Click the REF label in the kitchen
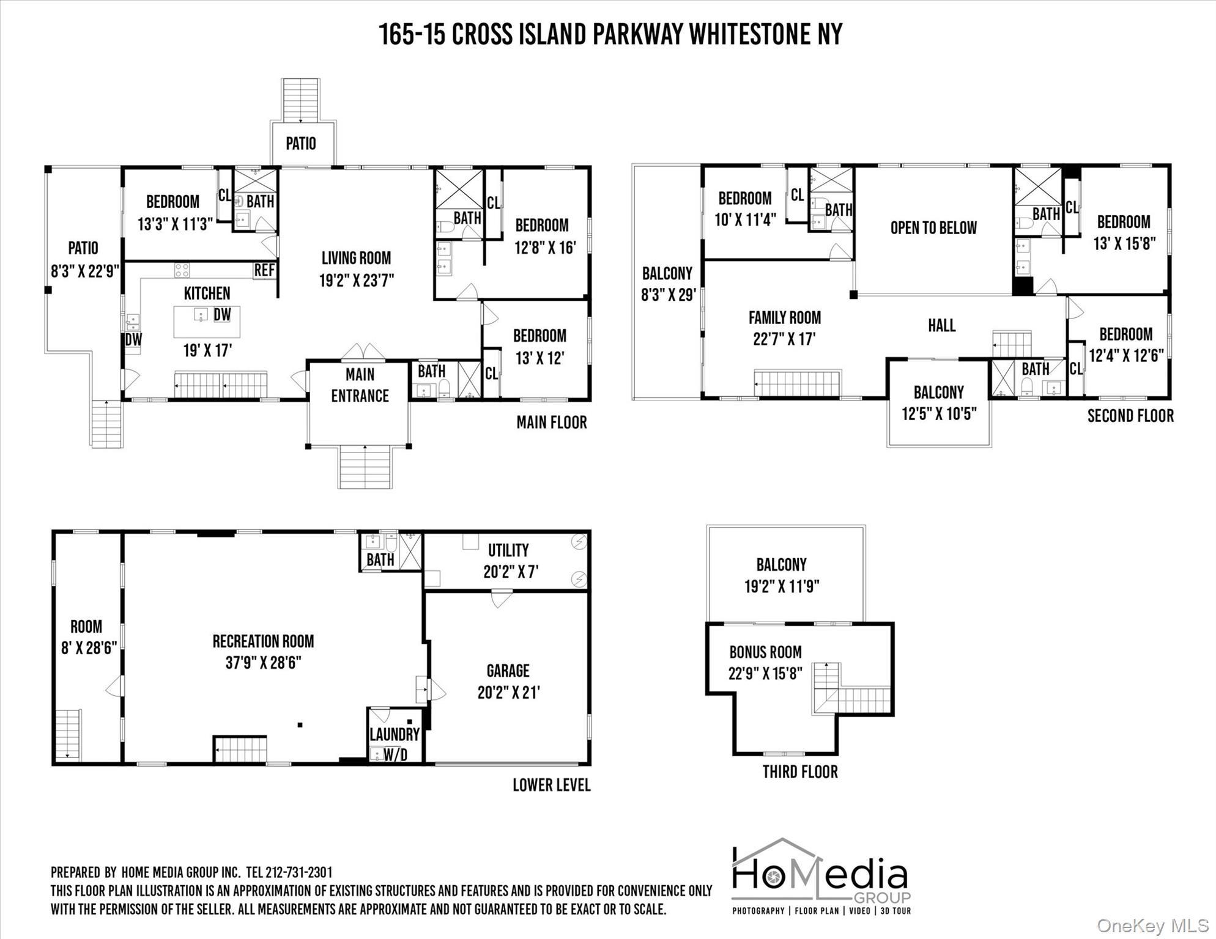264,270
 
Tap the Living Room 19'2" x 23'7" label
356,269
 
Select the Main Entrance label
360,385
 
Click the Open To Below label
933,228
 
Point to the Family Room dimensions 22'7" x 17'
784,339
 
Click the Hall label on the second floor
941,325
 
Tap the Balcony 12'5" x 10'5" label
938,403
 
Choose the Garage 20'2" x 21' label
508,682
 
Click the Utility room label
508,550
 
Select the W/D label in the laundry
395,755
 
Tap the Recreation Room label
263,641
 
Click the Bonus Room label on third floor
765,652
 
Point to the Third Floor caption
799,771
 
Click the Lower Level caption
551,785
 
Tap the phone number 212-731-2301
298,872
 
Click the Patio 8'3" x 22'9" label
83,259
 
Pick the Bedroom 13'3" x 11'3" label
173,213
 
